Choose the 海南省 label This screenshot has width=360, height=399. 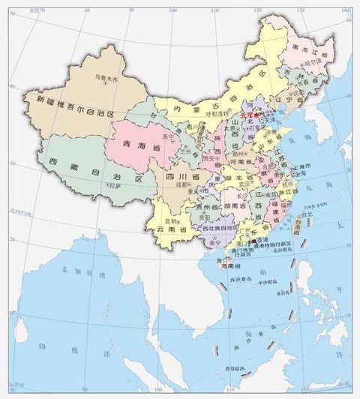231,265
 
